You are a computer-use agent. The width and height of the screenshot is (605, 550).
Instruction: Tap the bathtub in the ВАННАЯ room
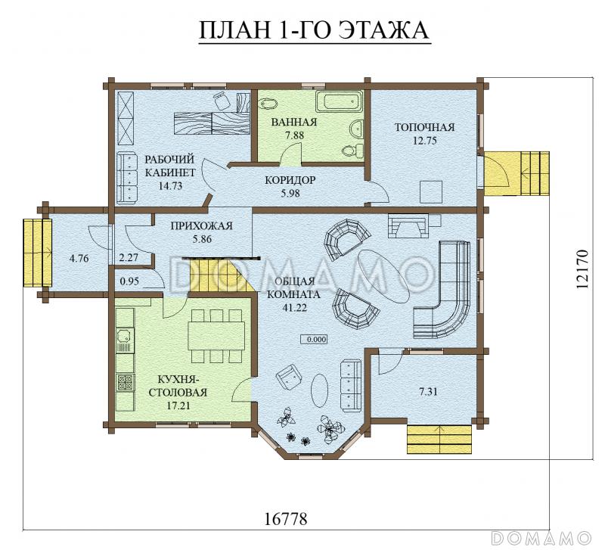(340, 101)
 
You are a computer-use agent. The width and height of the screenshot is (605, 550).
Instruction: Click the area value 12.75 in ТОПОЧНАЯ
(425, 141)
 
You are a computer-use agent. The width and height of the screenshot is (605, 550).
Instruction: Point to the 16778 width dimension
(286, 518)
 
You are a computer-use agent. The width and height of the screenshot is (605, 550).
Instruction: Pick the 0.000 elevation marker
(314, 339)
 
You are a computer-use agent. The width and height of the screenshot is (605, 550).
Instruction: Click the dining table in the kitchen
(216, 336)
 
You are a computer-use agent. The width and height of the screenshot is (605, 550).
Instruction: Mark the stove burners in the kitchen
(125, 383)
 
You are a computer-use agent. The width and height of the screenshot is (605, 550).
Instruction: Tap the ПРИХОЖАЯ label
(201, 225)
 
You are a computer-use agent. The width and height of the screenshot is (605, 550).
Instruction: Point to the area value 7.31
(428, 392)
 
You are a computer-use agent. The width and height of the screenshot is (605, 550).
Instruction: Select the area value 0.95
(129, 281)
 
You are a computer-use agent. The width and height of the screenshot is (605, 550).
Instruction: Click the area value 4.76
(79, 258)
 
